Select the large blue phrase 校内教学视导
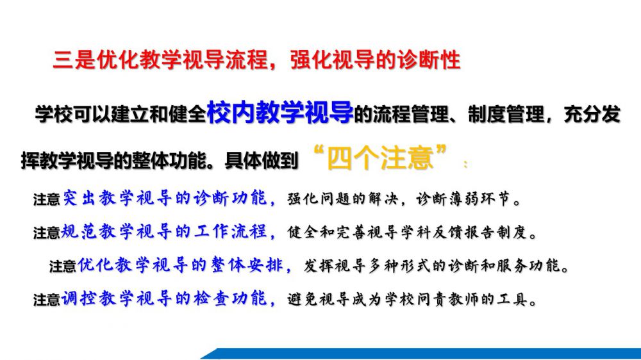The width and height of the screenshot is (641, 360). [x=280, y=111]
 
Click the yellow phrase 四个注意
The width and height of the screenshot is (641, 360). [x=380, y=158]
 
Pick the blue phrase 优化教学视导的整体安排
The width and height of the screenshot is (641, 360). [x=180, y=265]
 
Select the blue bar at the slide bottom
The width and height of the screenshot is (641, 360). [x=421, y=354]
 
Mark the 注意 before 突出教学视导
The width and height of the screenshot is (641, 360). [x=47, y=199]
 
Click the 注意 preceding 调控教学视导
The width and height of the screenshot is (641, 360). [x=47, y=300]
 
